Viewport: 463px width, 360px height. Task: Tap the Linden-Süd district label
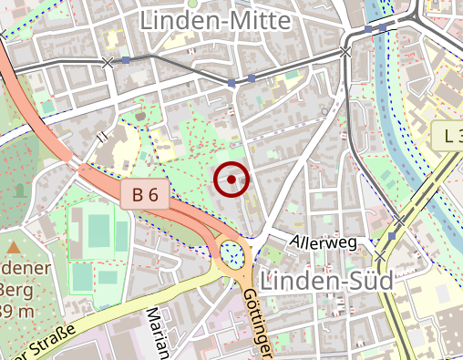tap(326, 279)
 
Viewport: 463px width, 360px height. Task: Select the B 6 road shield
tap(145, 193)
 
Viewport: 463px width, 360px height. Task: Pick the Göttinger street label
tap(257, 324)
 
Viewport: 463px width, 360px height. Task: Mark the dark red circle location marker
tap(231, 180)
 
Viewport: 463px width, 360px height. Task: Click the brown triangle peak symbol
tap(14, 247)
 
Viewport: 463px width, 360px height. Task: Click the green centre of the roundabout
tap(232, 251)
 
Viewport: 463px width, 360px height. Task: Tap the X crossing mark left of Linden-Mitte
tap(109, 62)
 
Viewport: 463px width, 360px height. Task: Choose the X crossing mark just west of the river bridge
tap(345, 52)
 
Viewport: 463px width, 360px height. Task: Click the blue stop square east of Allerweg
tap(391, 237)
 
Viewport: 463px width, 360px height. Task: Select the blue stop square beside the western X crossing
tap(126, 60)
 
